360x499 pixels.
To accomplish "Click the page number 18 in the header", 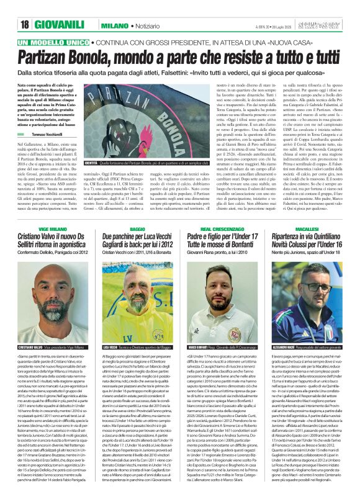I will click(25, 24).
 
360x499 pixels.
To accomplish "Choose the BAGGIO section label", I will click(138, 229).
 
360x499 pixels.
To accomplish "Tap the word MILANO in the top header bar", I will click(116, 24).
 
